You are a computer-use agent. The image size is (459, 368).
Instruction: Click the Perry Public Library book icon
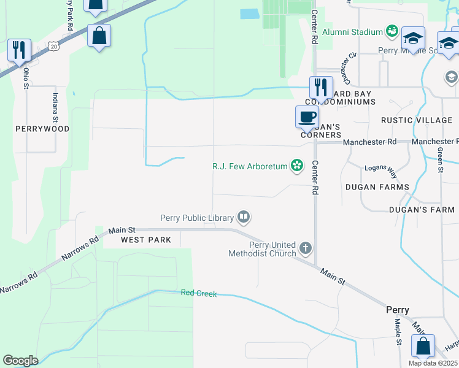(x=244, y=217)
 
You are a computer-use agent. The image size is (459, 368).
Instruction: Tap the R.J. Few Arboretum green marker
(x=298, y=166)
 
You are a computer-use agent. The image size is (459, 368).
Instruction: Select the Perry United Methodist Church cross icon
(x=306, y=249)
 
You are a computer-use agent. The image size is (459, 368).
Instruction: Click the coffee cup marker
(x=307, y=115)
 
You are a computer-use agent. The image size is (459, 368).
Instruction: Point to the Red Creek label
(x=199, y=293)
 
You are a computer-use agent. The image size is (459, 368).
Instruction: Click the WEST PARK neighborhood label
(x=146, y=240)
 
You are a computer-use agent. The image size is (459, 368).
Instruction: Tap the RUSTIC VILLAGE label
(x=417, y=120)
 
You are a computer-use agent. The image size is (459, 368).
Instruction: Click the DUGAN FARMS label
(x=377, y=186)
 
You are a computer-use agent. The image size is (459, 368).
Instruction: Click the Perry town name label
(x=398, y=310)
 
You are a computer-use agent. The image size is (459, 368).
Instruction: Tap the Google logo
(x=20, y=360)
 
